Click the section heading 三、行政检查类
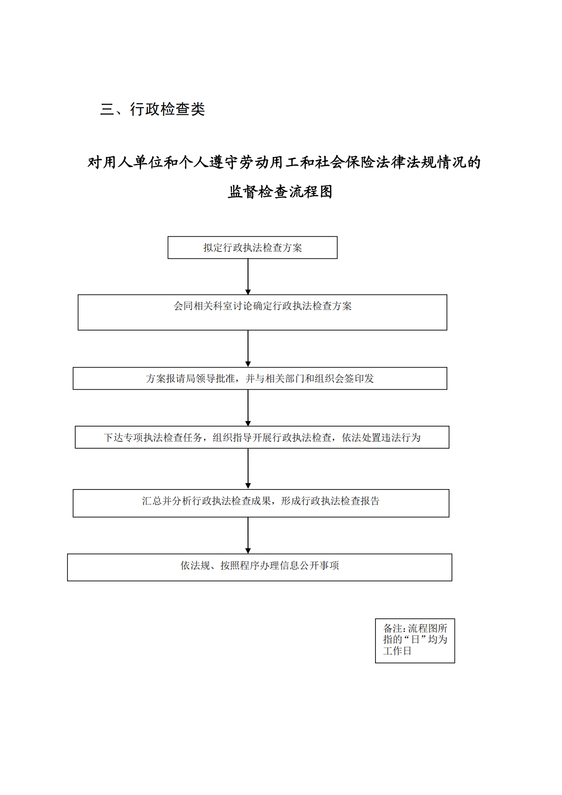153,109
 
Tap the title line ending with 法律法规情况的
284,162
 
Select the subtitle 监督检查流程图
280,192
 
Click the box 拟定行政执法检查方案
252,248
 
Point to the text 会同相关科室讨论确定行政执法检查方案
263,306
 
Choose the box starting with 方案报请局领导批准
260,378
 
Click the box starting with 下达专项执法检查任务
262,437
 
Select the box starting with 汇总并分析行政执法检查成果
261,503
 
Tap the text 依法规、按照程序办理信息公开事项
260,566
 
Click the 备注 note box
415,641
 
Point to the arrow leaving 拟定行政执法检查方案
248,277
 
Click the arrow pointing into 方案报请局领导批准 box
248,349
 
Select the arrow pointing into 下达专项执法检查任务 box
248,408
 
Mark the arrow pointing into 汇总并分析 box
248,469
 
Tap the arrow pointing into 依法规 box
248,535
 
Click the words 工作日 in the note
397,651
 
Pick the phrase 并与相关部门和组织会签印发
310,379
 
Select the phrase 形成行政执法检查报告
330,501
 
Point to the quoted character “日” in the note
415,639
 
